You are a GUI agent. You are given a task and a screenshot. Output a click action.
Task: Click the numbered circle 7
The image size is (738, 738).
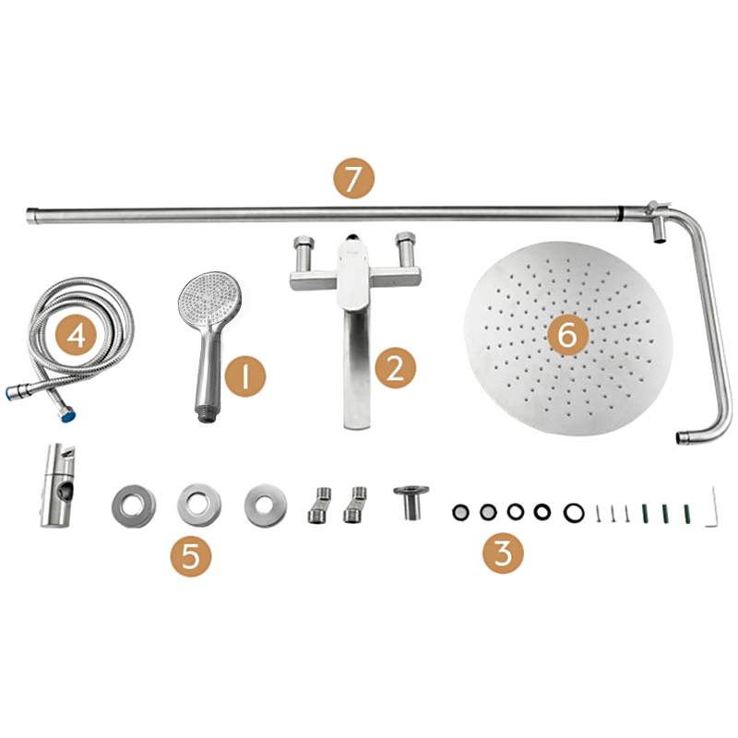[353, 178]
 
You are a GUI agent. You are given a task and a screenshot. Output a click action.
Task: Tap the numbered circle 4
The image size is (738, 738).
[77, 336]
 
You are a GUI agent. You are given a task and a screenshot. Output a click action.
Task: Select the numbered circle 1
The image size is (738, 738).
[245, 375]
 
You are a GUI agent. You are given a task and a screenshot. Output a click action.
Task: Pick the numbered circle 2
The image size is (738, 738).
[396, 367]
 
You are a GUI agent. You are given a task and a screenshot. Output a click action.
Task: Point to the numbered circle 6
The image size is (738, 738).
[567, 336]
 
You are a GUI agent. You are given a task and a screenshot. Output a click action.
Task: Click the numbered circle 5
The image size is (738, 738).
[191, 556]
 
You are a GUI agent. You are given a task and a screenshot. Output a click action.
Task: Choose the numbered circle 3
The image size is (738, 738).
[503, 553]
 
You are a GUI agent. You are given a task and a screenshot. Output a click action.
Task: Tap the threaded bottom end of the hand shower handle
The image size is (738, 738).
[206, 413]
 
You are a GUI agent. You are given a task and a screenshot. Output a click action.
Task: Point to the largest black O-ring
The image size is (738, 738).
[574, 513]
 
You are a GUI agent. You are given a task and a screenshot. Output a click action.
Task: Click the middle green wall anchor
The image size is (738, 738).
[665, 514]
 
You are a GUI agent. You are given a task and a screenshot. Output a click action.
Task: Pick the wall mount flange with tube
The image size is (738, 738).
[411, 503]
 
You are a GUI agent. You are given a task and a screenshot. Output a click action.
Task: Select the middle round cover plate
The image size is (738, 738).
[199, 506]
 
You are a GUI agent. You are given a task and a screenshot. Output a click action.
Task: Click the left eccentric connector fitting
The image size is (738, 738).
[319, 506]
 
